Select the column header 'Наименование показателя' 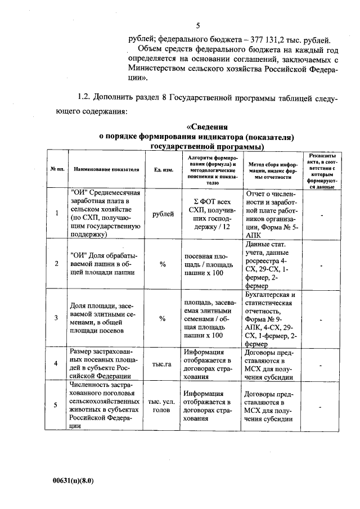[106, 169]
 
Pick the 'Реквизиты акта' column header [321, 169]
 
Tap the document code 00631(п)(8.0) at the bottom [73, 481]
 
